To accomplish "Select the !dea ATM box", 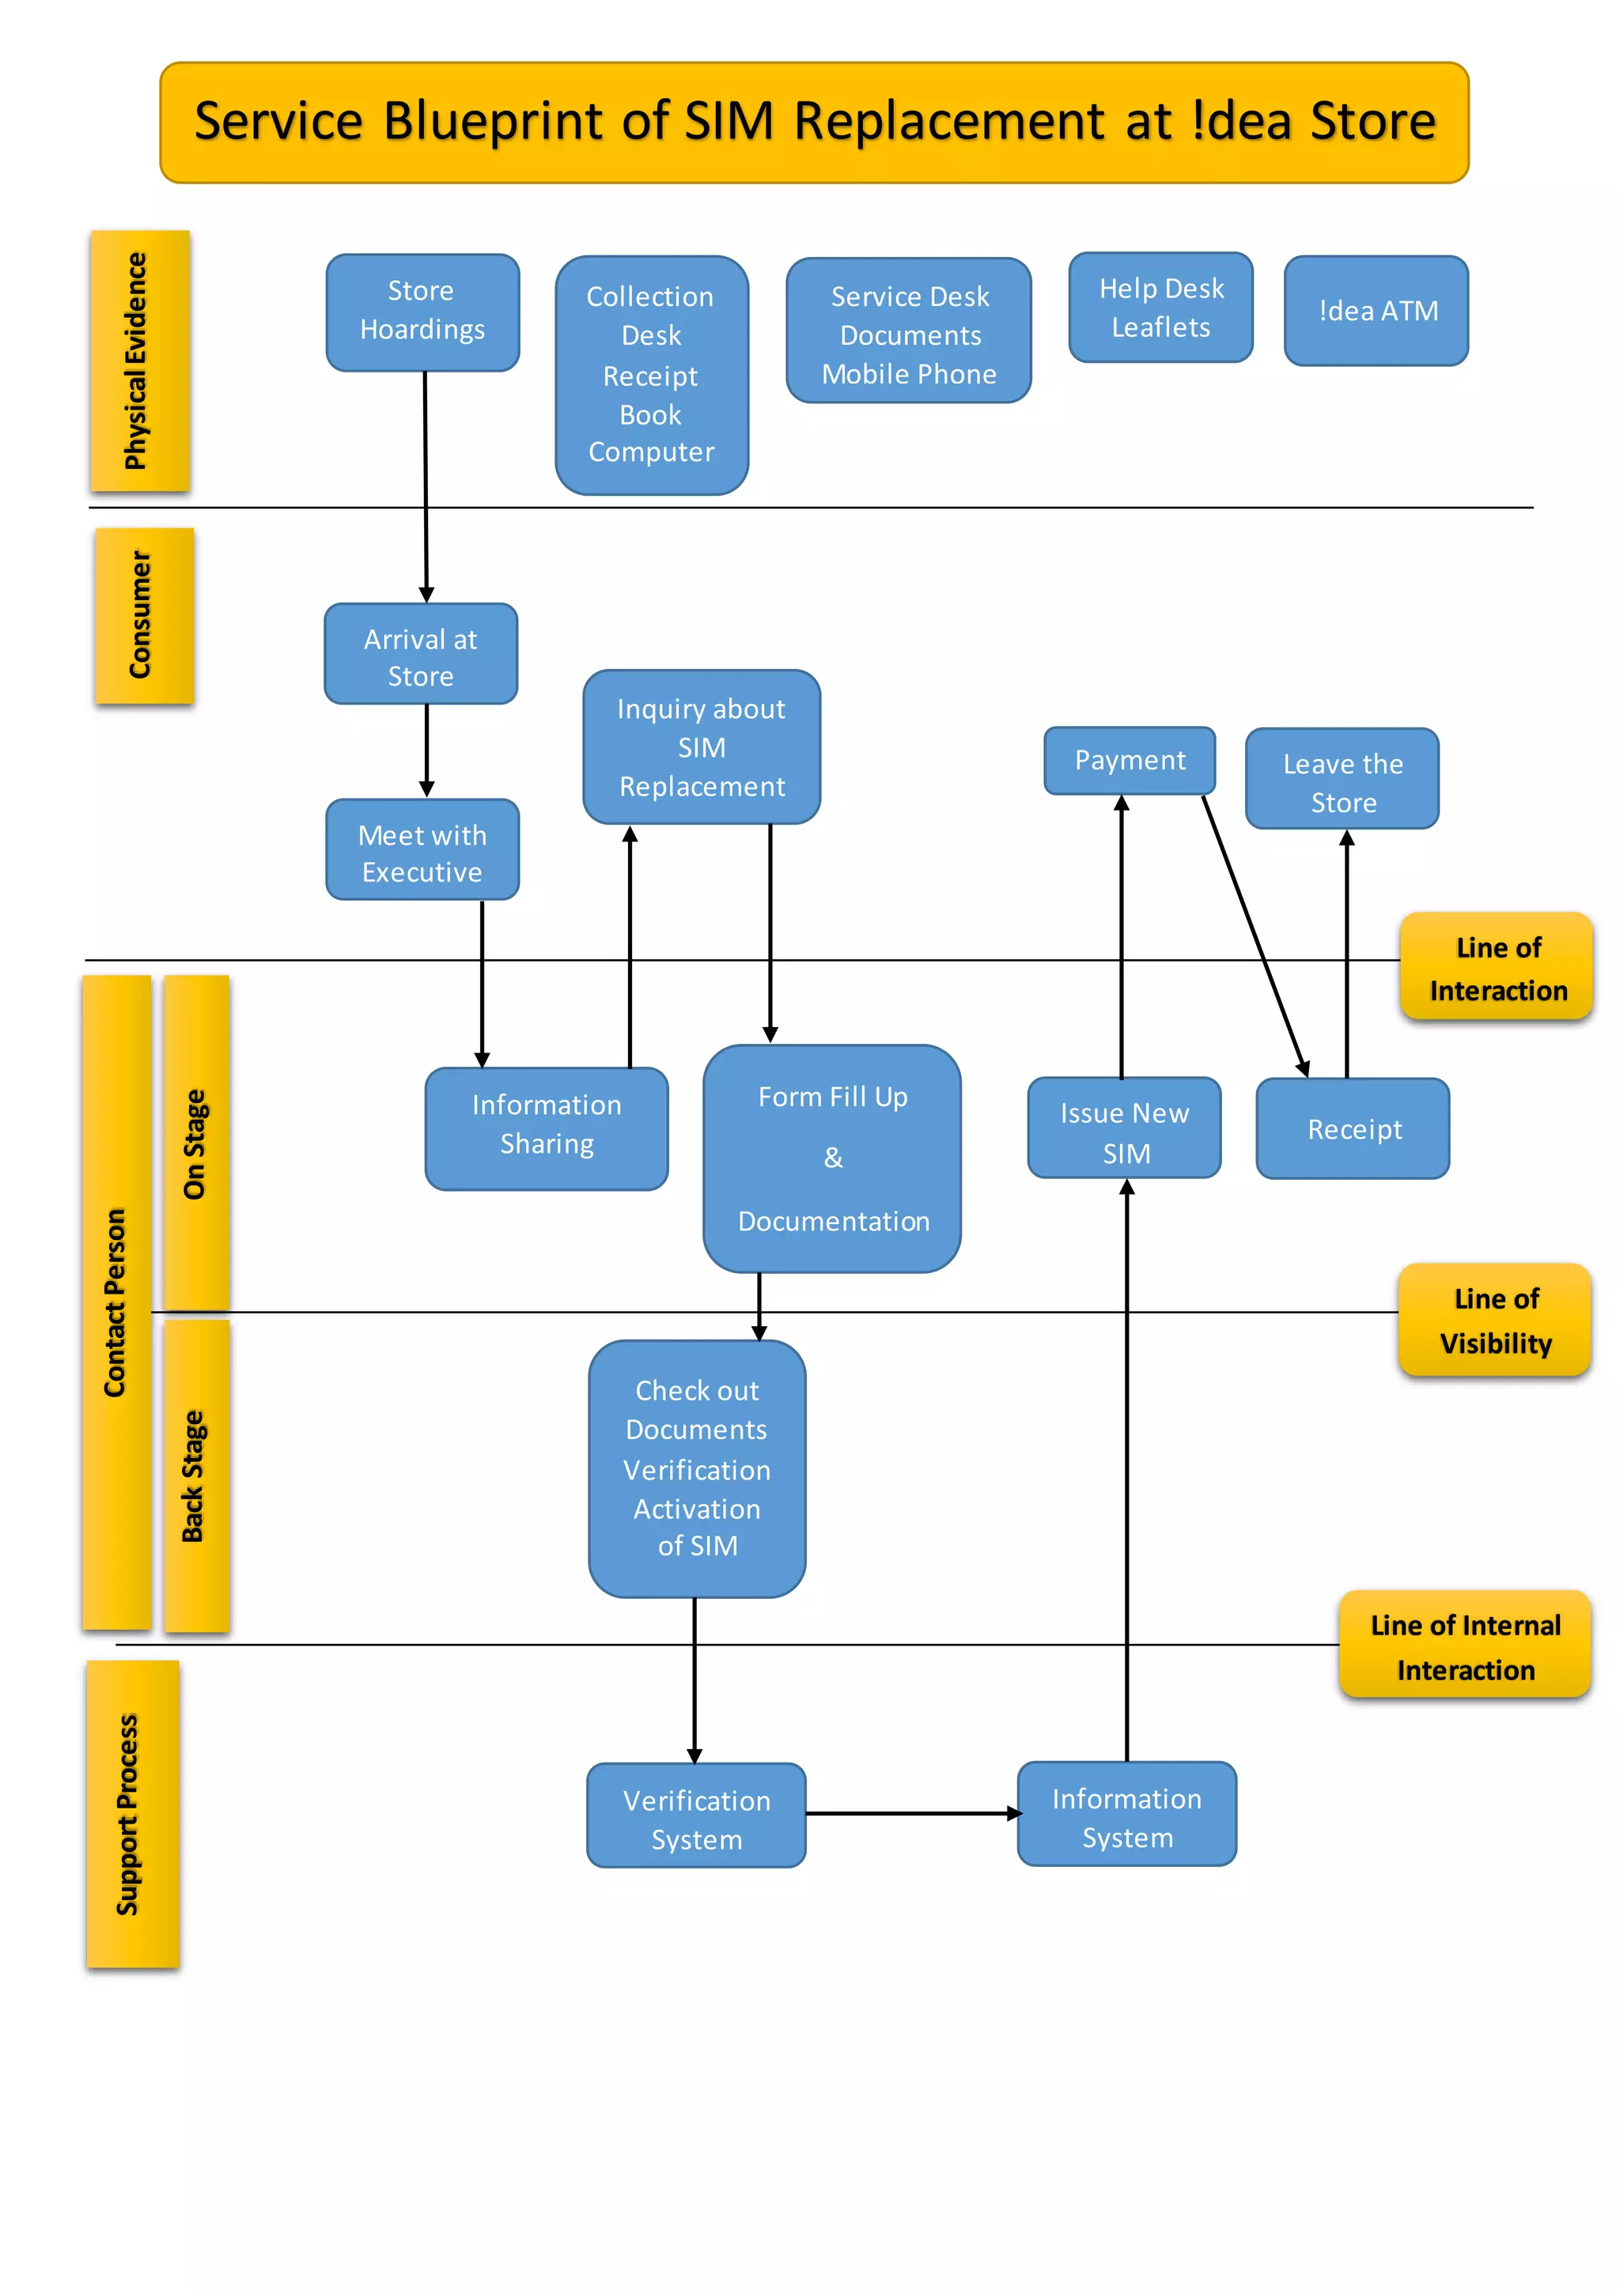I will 1376,312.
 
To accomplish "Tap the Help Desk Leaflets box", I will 1160,307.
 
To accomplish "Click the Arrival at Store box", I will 420,654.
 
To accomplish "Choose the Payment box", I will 1130,761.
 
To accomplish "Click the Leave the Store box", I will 1342,779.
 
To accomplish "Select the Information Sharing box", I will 546,1128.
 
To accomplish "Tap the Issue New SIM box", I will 1124,1128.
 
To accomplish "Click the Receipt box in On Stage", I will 1353,1129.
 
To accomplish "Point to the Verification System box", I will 696,1816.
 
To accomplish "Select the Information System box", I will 1126,1814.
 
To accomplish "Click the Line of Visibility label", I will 1494,1321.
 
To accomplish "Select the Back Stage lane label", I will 195,1476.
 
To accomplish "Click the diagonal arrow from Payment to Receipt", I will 1255,935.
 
